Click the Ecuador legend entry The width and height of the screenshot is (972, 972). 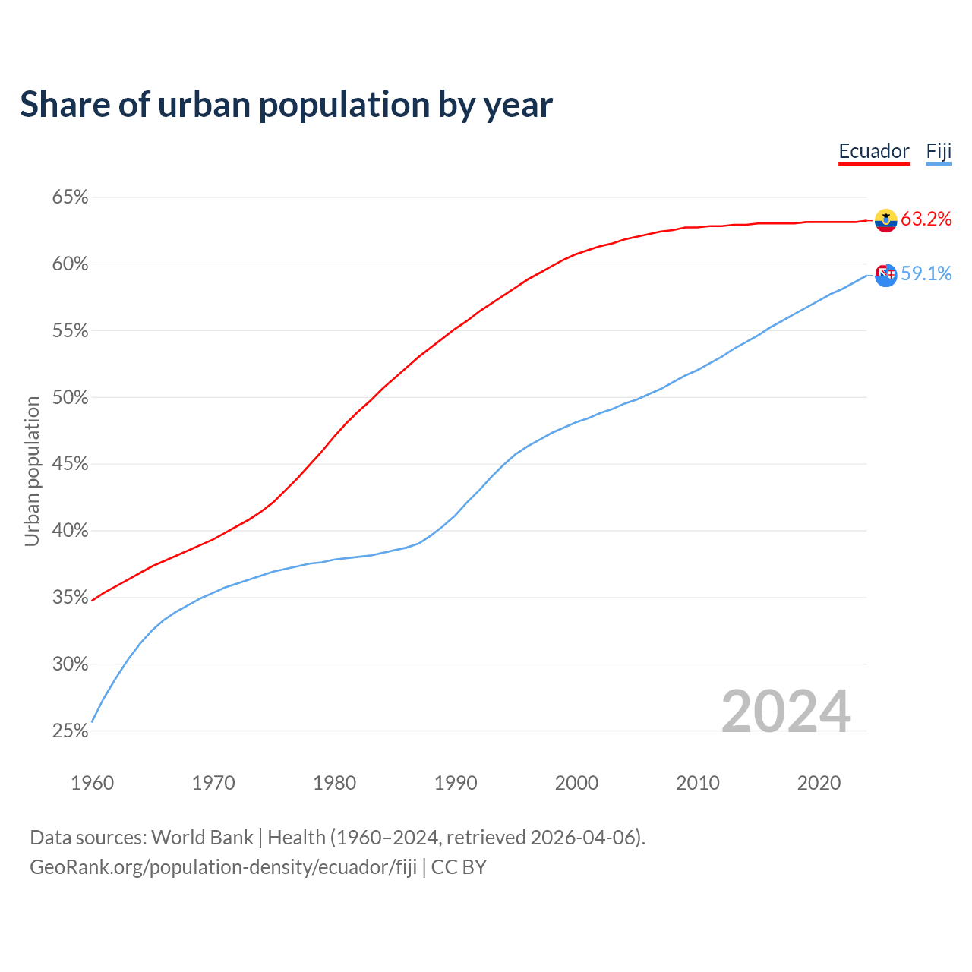(873, 151)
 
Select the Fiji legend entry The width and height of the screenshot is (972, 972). (939, 151)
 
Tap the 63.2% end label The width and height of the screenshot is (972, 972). (926, 219)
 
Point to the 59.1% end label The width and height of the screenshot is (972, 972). (926, 274)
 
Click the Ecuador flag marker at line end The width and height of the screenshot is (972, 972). (885, 220)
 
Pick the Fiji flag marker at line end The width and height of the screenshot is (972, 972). (885, 275)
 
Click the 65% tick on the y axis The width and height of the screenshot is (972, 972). (70, 197)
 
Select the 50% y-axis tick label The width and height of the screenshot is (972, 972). (70, 398)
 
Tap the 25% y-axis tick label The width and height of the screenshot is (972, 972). (70, 731)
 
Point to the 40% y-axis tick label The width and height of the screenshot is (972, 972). (70, 531)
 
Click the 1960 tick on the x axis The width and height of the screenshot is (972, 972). (92, 783)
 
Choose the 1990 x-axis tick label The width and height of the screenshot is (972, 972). (456, 783)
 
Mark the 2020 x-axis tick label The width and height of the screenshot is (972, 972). (819, 783)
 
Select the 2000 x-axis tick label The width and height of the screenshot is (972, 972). (576, 783)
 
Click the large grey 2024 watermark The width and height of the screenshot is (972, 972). (785, 712)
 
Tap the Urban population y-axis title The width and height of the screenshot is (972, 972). (32, 471)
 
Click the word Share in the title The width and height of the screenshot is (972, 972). (63, 105)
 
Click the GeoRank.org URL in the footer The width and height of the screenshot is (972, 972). (222, 867)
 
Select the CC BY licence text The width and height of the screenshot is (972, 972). (459, 867)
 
